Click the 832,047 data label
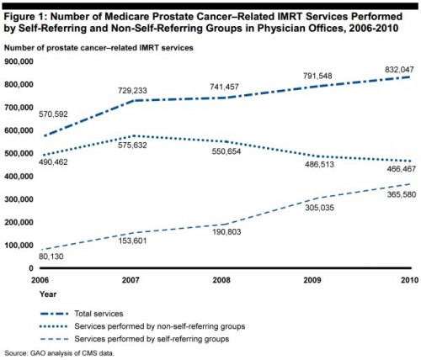coord(399,70)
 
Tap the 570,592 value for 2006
coord(53,114)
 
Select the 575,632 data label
coord(132,146)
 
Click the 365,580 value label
coord(402,194)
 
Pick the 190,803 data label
coord(226,232)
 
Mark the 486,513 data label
coord(319,164)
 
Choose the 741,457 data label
coord(225,87)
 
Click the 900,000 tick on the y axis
coord(19,61)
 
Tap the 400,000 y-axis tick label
coord(19,177)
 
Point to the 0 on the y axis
coord(31,268)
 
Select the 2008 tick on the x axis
coord(221,280)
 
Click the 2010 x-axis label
coord(409,280)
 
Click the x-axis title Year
coord(48,294)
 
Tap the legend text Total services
coord(99,314)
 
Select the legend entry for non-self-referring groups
coord(143,326)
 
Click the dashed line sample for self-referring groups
coord(55,339)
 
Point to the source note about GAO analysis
coord(60,353)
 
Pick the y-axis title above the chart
coord(99,48)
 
